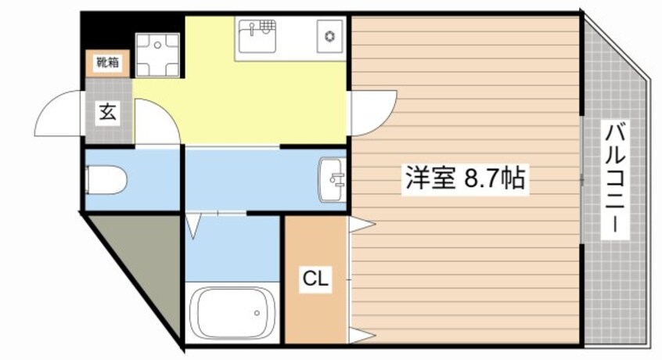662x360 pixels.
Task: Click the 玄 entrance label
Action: coord(107,113)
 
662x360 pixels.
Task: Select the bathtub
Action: coord(230,314)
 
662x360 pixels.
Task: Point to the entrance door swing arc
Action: coord(59,114)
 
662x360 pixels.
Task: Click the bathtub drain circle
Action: coord(257,314)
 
